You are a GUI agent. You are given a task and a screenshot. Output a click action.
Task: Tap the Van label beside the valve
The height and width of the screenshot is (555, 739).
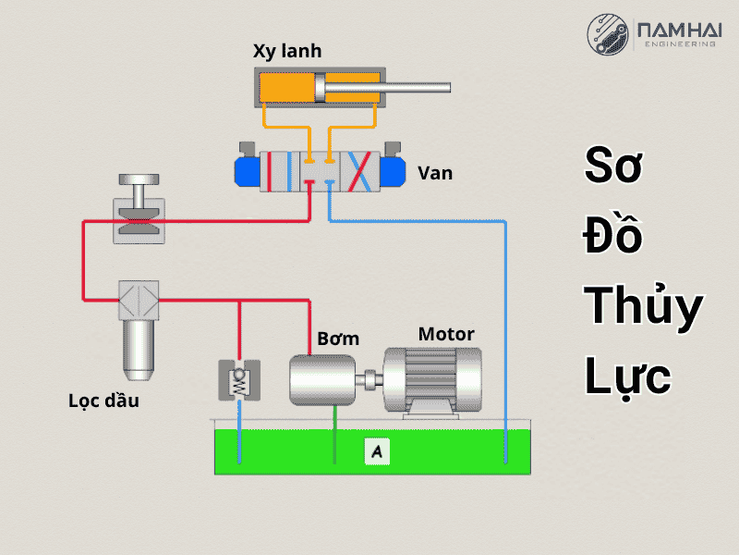[435, 173]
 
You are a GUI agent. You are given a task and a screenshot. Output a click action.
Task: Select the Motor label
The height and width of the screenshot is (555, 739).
[446, 334]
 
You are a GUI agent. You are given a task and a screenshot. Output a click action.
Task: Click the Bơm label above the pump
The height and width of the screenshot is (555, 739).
[338, 339]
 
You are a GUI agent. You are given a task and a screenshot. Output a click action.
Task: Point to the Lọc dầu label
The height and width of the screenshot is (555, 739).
[103, 401]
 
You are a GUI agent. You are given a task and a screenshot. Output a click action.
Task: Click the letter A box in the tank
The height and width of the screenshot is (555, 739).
[376, 451]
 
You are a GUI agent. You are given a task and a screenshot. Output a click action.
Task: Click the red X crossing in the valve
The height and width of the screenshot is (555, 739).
[361, 172]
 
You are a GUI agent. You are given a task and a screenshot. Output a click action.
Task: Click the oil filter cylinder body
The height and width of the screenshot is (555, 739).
[139, 346]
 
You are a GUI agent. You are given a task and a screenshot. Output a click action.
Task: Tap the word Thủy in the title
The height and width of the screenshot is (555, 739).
[644, 306]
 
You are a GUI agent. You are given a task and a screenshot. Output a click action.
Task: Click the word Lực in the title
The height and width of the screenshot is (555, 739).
[627, 377]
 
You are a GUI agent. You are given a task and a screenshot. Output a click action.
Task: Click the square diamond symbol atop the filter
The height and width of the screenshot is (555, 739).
[139, 299]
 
